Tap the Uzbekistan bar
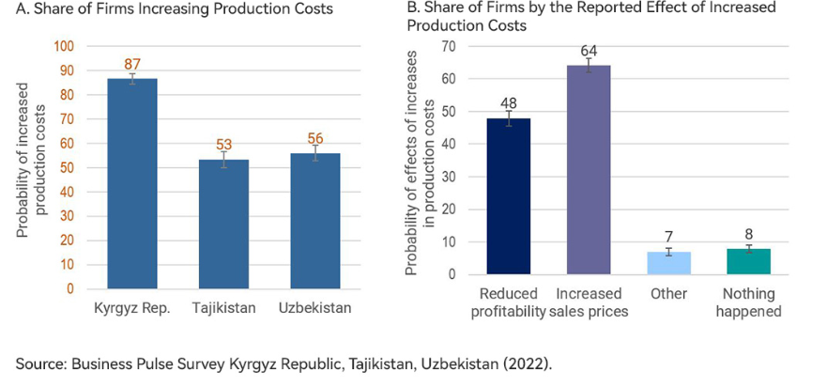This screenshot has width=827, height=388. pos(314,220)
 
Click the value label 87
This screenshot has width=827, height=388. pos(132,64)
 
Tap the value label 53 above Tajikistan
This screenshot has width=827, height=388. pos(223,146)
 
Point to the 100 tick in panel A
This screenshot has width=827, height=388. pos(64,45)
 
